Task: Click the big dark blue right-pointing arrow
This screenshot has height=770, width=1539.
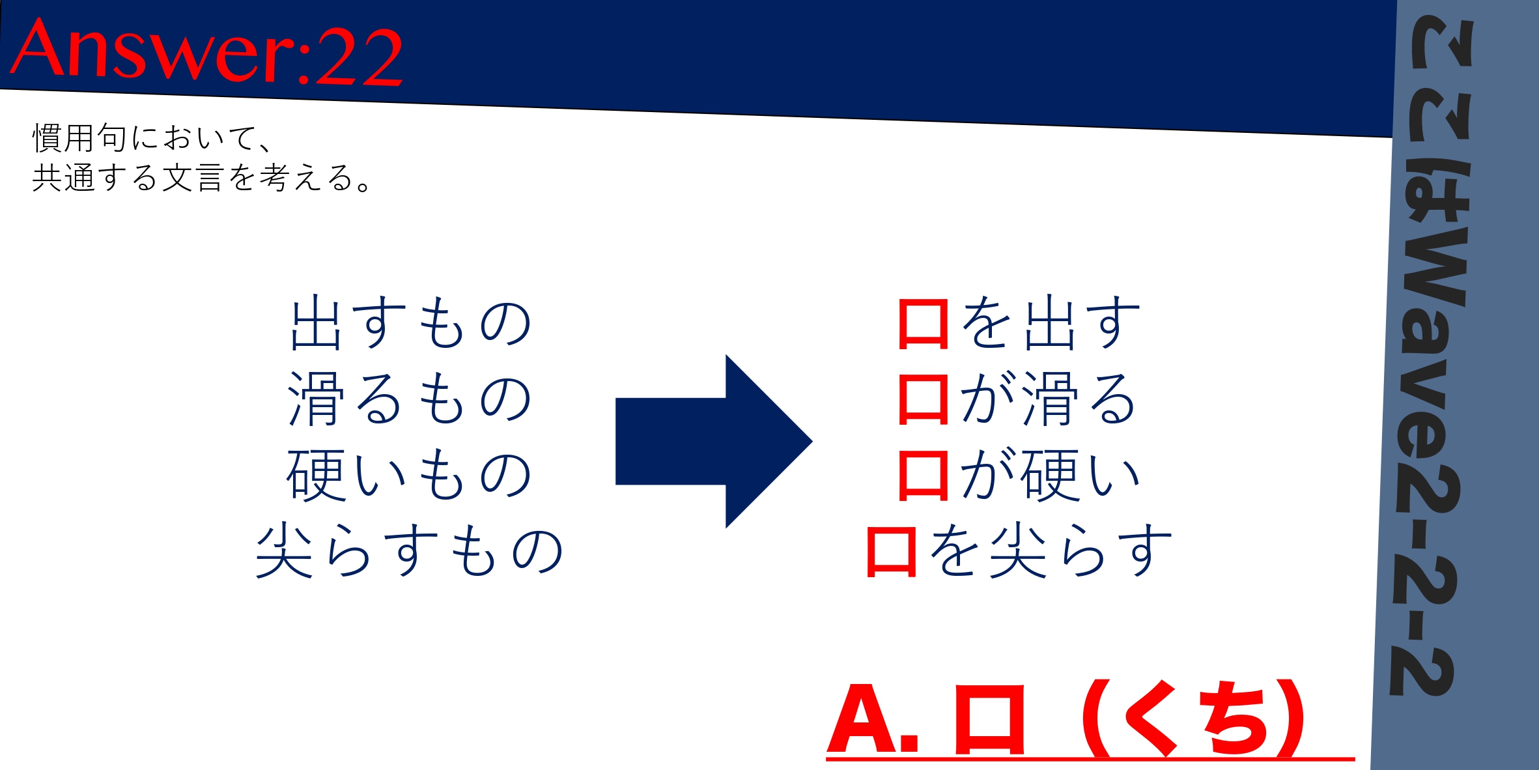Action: (714, 441)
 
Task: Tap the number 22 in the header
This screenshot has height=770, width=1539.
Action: (359, 57)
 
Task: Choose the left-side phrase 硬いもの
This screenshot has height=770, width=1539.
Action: (410, 474)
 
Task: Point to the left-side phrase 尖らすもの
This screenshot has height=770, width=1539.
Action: (410, 550)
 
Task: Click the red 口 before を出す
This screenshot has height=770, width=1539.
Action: (923, 324)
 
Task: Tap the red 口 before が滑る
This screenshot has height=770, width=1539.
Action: (923, 399)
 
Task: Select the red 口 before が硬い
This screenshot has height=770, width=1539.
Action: (923, 476)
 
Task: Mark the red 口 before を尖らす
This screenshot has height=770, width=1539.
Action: (892, 552)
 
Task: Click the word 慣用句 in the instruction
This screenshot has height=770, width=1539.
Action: (79, 138)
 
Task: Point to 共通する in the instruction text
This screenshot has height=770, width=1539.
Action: (95, 177)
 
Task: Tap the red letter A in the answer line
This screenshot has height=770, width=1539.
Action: (864, 719)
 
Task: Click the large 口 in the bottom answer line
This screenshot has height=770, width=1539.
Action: (989, 720)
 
